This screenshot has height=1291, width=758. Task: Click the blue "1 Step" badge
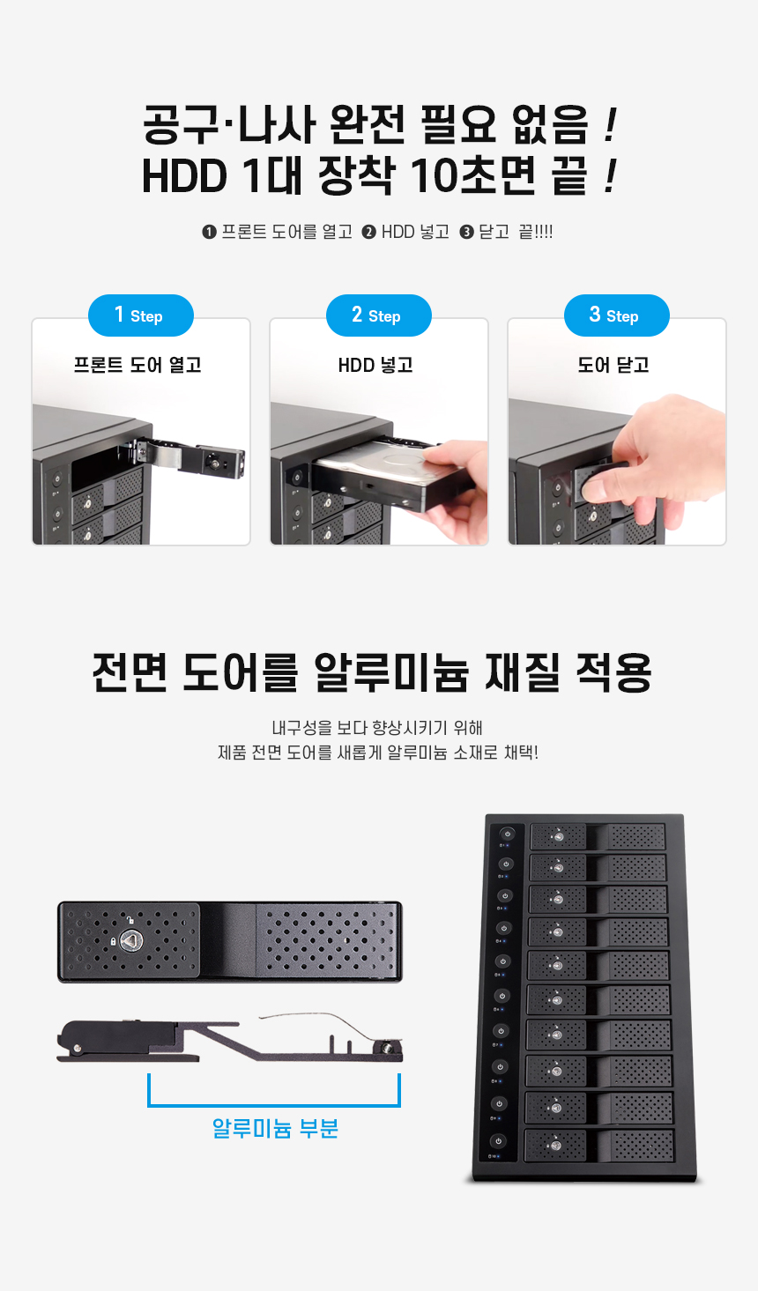(x=141, y=315)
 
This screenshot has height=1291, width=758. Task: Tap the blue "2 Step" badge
(x=379, y=315)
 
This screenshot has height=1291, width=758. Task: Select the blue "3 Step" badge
(x=617, y=315)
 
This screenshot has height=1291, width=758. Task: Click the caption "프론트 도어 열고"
(x=137, y=365)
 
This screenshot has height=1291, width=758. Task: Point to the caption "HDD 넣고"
(x=375, y=365)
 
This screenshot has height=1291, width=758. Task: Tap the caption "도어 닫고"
(x=614, y=365)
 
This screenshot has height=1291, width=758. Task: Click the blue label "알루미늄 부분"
(x=275, y=1128)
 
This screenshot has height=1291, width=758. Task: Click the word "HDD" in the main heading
(x=184, y=175)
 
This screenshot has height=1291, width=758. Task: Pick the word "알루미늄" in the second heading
(x=391, y=672)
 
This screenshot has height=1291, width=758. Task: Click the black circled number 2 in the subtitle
(x=369, y=232)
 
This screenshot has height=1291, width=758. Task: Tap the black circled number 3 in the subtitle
(x=466, y=232)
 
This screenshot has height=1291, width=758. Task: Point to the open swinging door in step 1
(x=190, y=458)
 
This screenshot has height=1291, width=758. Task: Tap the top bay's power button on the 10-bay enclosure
(x=508, y=834)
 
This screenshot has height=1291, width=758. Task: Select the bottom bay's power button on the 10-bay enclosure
(x=499, y=1140)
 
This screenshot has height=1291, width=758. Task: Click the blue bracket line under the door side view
(x=274, y=1104)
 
